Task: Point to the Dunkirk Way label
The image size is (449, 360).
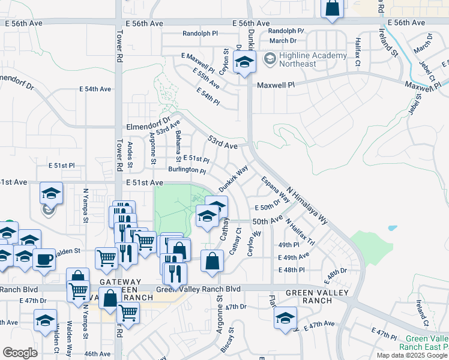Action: click(x=233, y=179)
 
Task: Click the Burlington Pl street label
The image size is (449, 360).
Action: click(x=187, y=170)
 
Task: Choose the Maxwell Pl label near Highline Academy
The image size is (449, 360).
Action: click(x=276, y=85)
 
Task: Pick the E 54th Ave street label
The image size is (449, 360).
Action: click(x=98, y=89)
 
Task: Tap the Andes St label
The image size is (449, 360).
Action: click(x=130, y=155)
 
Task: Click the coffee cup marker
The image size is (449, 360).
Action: click(x=44, y=259)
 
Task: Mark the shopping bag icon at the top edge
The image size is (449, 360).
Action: click(x=332, y=8)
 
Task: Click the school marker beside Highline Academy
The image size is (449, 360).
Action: click(x=244, y=62)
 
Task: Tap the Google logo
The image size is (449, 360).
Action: click(x=20, y=353)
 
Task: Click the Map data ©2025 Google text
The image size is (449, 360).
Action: click(x=412, y=355)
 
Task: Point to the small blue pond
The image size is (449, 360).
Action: click(x=392, y=229)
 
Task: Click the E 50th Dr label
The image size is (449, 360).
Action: click(x=268, y=207)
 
